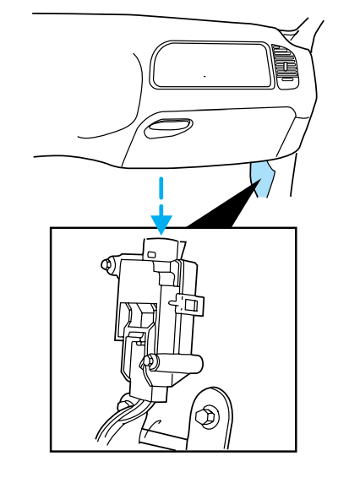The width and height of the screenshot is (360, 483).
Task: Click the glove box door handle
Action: point(168,128)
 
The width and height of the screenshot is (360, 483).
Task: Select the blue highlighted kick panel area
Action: point(264,178)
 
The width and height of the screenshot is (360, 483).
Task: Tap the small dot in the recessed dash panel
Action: point(204,75)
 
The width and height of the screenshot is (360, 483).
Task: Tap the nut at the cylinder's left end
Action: point(149,362)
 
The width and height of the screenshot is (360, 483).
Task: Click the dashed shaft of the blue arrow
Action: point(161,193)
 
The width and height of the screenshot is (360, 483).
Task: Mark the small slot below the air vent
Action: point(287,79)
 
